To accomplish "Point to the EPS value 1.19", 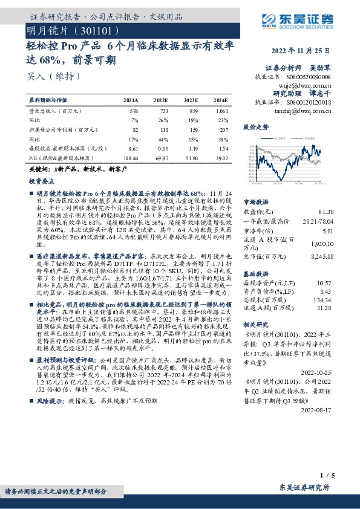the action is (x=192, y=148).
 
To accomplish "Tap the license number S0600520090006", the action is (x=310, y=78).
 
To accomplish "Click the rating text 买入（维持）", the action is (x=54, y=76).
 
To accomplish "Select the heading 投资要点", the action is (x=41, y=180).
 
